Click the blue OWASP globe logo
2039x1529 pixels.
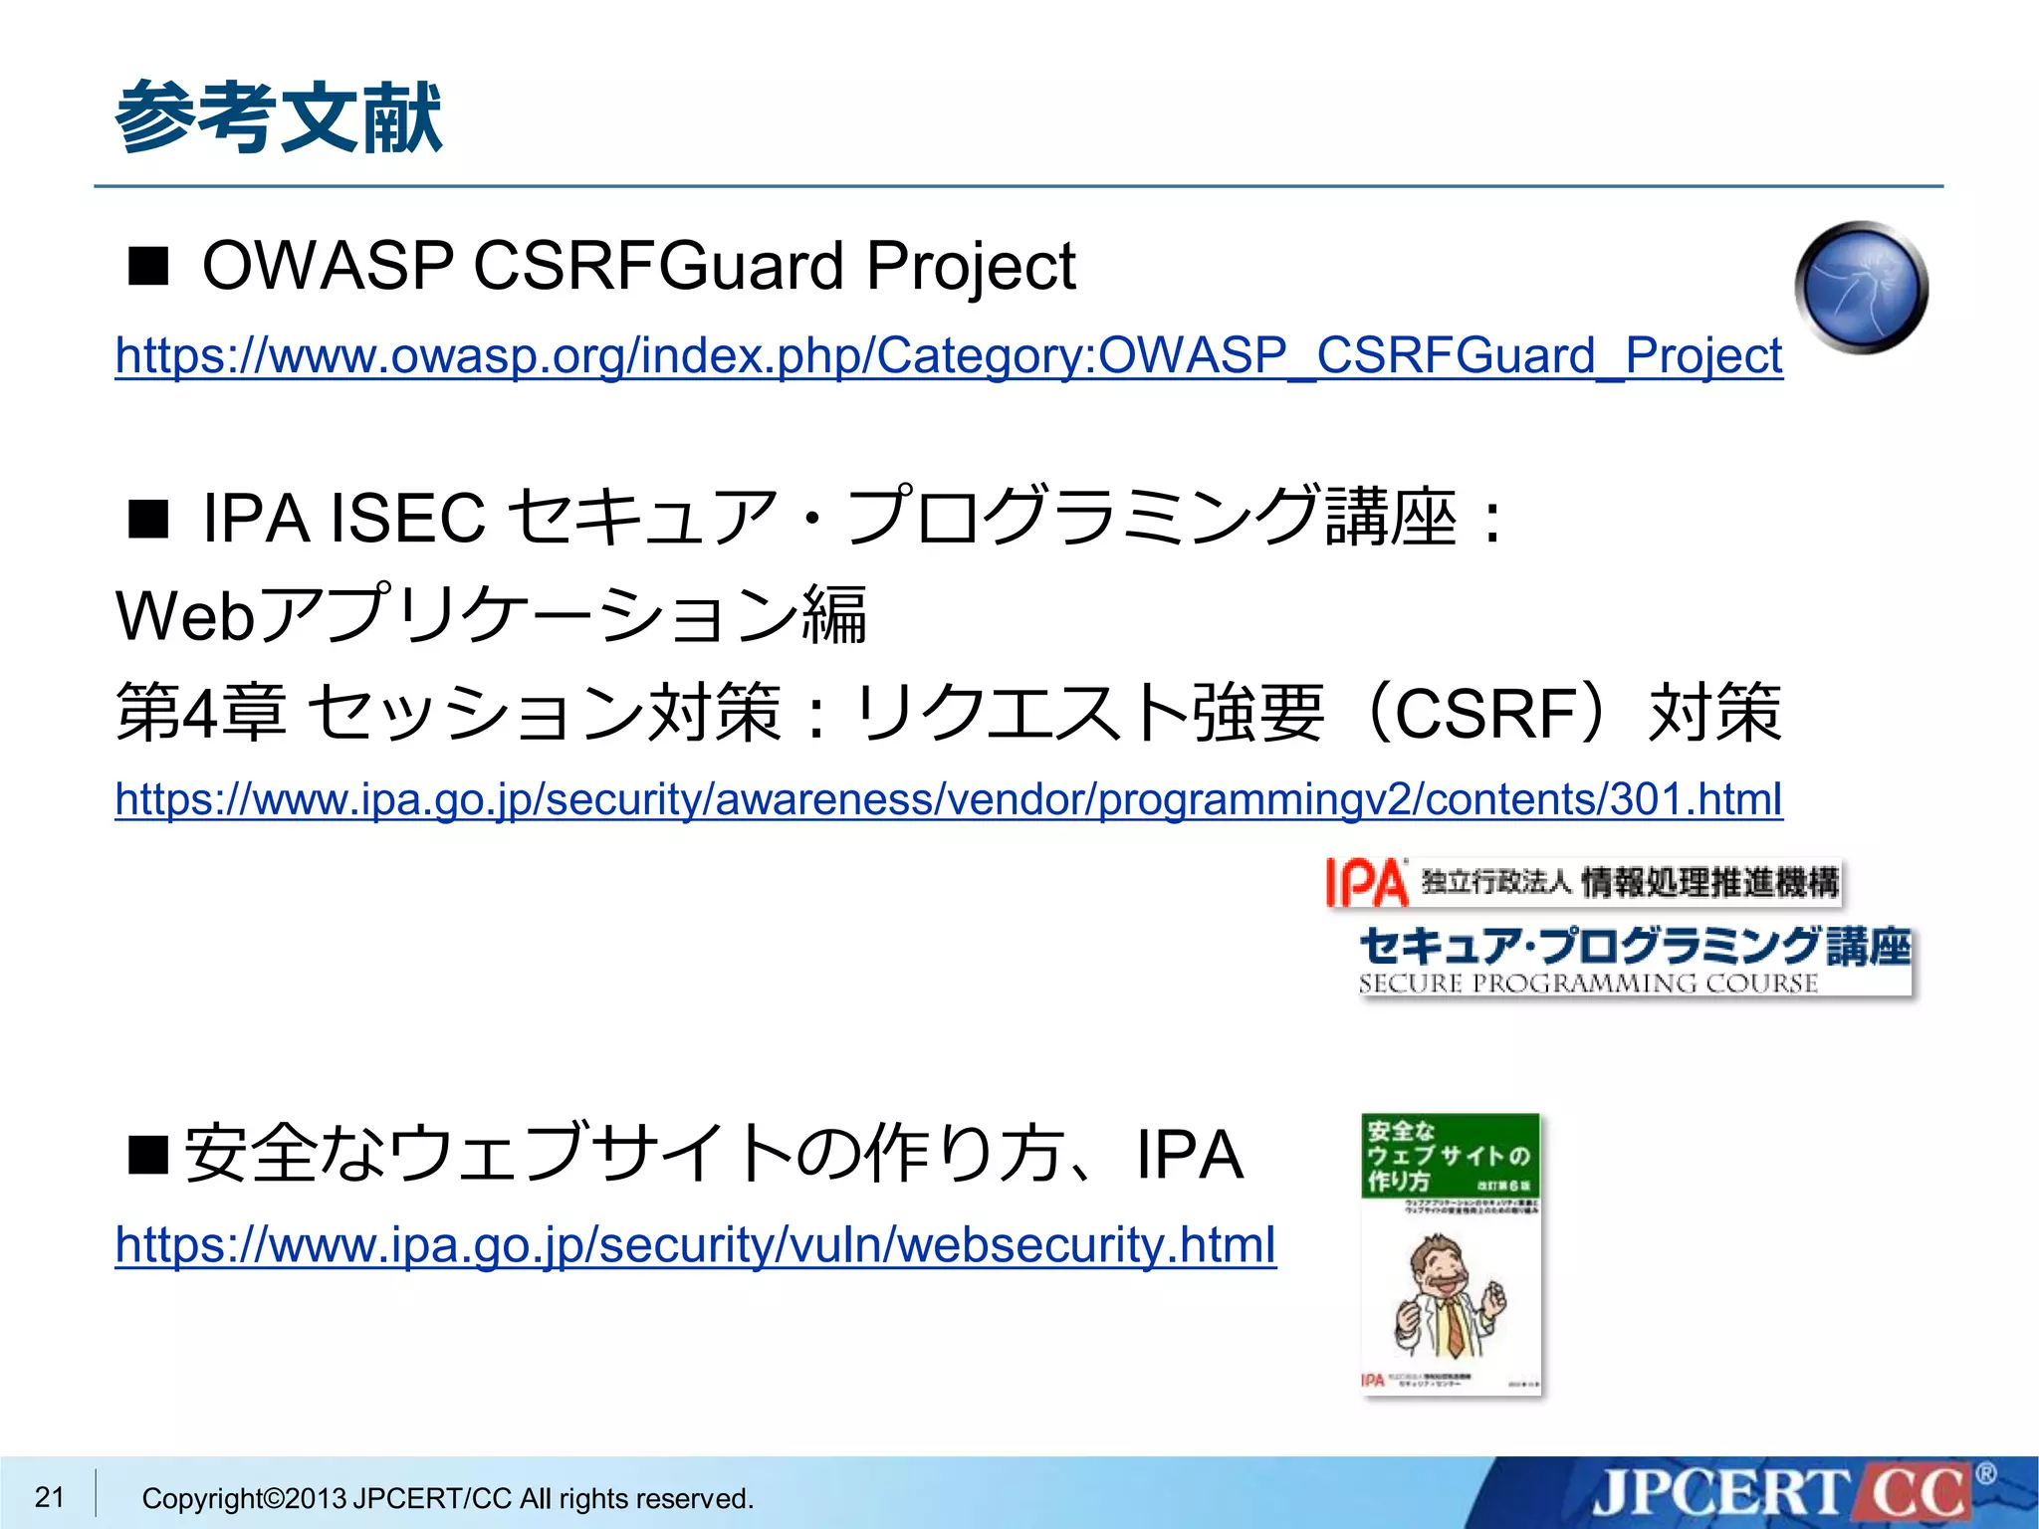coord(1861,287)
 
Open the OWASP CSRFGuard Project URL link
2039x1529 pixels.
coord(948,356)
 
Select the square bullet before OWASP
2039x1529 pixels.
coord(148,267)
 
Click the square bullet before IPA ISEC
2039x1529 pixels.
coord(148,519)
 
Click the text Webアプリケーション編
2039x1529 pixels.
coord(491,615)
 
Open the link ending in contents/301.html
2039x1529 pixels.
coord(948,799)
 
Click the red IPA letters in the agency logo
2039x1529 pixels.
coord(1366,883)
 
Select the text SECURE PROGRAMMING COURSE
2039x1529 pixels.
coord(1588,983)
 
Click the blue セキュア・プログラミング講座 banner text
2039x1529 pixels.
coord(1634,946)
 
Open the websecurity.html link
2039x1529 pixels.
coord(695,1244)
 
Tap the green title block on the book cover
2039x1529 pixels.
coord(1450,1156)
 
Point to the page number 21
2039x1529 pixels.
coord(49,1496)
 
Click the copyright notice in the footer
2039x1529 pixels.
coord(447,1498)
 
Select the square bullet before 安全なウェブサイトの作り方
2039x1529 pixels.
coord(148,1155)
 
